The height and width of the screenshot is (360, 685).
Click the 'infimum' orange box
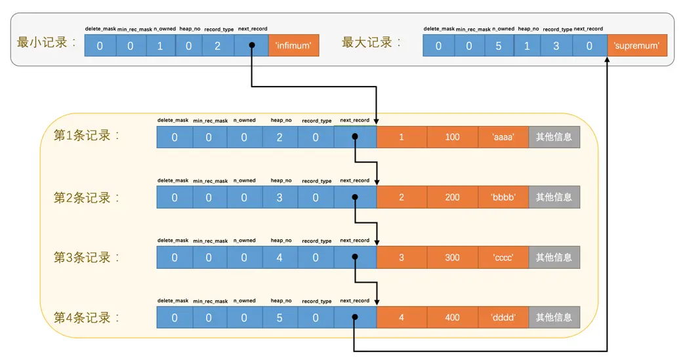(293, 46)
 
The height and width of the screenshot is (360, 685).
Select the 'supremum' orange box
(636, 46)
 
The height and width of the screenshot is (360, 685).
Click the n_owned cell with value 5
(498, 46)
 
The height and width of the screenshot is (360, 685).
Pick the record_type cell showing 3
(556, 46)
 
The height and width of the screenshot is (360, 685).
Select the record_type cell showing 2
(218, 46)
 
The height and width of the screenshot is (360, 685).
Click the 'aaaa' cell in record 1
(503, 137)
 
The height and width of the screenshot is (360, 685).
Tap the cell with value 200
(452, 197)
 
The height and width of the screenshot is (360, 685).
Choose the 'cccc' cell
(503, 258)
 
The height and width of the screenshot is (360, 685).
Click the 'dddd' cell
(503, 318)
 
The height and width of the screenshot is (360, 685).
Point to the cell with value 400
(452, 318)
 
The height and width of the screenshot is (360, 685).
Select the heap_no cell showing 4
(280, 258)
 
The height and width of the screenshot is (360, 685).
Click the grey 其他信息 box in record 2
(554, 197)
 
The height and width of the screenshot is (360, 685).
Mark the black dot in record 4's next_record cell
(354, 318)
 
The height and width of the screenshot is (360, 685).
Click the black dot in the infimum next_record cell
(251, 46)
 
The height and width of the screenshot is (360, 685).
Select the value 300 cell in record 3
(452, 258)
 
